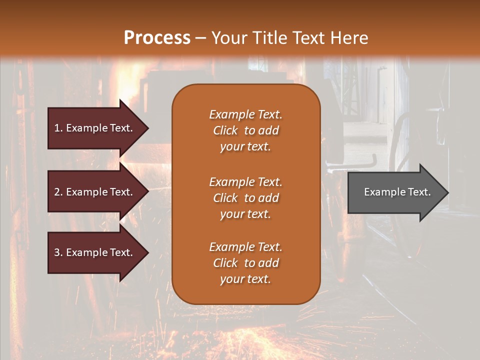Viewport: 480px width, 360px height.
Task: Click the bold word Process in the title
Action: (157, 38)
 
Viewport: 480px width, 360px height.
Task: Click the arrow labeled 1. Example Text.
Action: (95, 128)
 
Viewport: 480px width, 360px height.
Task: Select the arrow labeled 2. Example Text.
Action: (95, 192)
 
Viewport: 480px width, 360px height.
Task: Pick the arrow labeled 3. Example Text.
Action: (95, 253)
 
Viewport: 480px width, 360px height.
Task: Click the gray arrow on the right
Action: (395, 192)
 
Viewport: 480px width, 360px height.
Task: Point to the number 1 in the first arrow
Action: (57, 128)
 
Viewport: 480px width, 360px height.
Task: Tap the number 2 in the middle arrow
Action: (57, 192)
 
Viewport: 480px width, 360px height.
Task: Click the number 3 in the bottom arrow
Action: (57, 253)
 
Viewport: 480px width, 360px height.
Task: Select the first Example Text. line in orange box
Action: (245, 114)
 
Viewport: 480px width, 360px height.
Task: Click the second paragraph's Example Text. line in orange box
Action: (245, 182)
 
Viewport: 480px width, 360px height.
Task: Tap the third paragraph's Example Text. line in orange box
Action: (245, 247)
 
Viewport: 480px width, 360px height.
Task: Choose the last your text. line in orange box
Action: (245, 279)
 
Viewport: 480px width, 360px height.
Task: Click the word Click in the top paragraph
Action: (225, 131)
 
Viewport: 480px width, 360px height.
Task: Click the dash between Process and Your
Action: (201, 38)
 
